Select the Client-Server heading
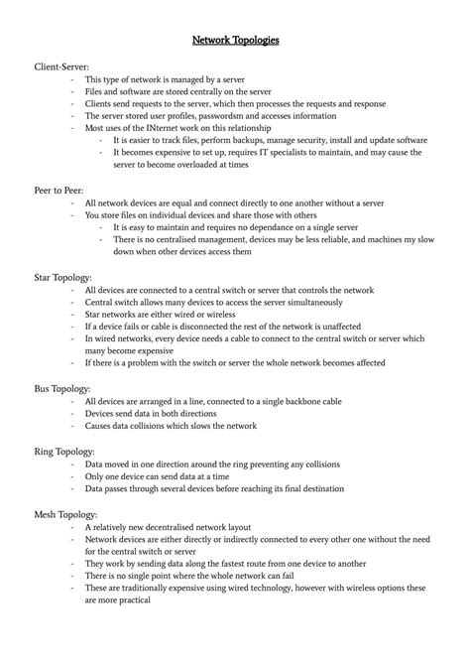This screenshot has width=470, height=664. [x=60, y=66]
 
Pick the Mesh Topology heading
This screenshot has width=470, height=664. [x=66, y=514]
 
